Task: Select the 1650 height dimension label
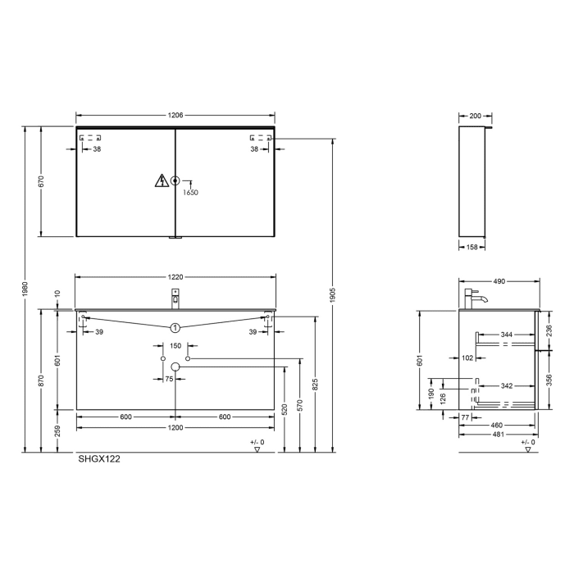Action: [190, 192]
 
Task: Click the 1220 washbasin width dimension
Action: [175, 277]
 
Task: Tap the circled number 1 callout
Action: [175, 327]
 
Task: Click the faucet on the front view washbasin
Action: [175, 298]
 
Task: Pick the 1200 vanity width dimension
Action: [175, 428]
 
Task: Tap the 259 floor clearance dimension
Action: [57, 431]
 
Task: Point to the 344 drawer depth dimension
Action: [506, 335]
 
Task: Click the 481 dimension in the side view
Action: [497, 435]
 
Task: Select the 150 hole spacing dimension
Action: [175, 346]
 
